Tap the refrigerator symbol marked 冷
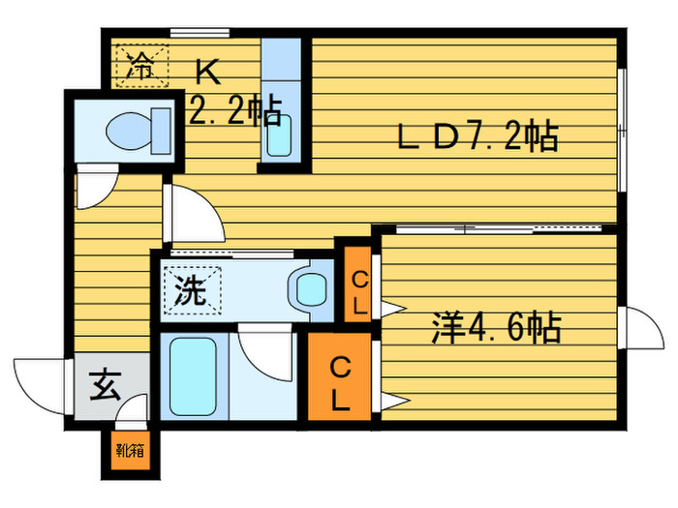(x=141, y=66)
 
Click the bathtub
(x=195, y=378)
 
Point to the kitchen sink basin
(x=279, y=135)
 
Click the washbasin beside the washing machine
(x=311, y=289)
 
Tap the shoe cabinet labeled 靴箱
(x=129, y=451)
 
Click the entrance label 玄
(x=105, y=387)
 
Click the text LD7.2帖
(x=478, y=137)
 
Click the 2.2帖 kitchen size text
(x=235, y=112)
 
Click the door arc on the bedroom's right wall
(x=643, y=330)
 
